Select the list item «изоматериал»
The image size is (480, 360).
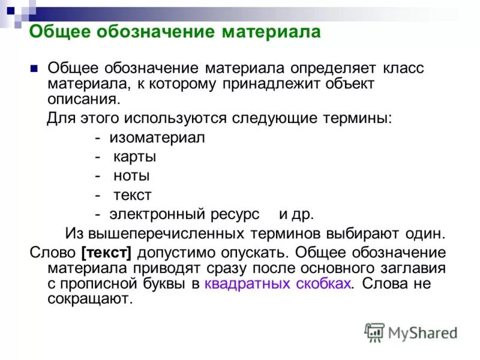(x=157, y=137)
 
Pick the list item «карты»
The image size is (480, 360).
(x=135, y=157)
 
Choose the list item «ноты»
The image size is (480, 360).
(x=131, y=176)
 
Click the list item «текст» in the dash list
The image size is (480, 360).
(x=132, y=195)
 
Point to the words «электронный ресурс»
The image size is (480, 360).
(x=185, y=214)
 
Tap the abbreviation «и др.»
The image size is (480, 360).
(x=296, y=214)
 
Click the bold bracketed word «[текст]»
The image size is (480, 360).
(x=104, y=251)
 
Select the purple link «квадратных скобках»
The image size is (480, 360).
(x=277, y=283)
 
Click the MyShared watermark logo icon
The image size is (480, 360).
(x=374, y=332)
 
